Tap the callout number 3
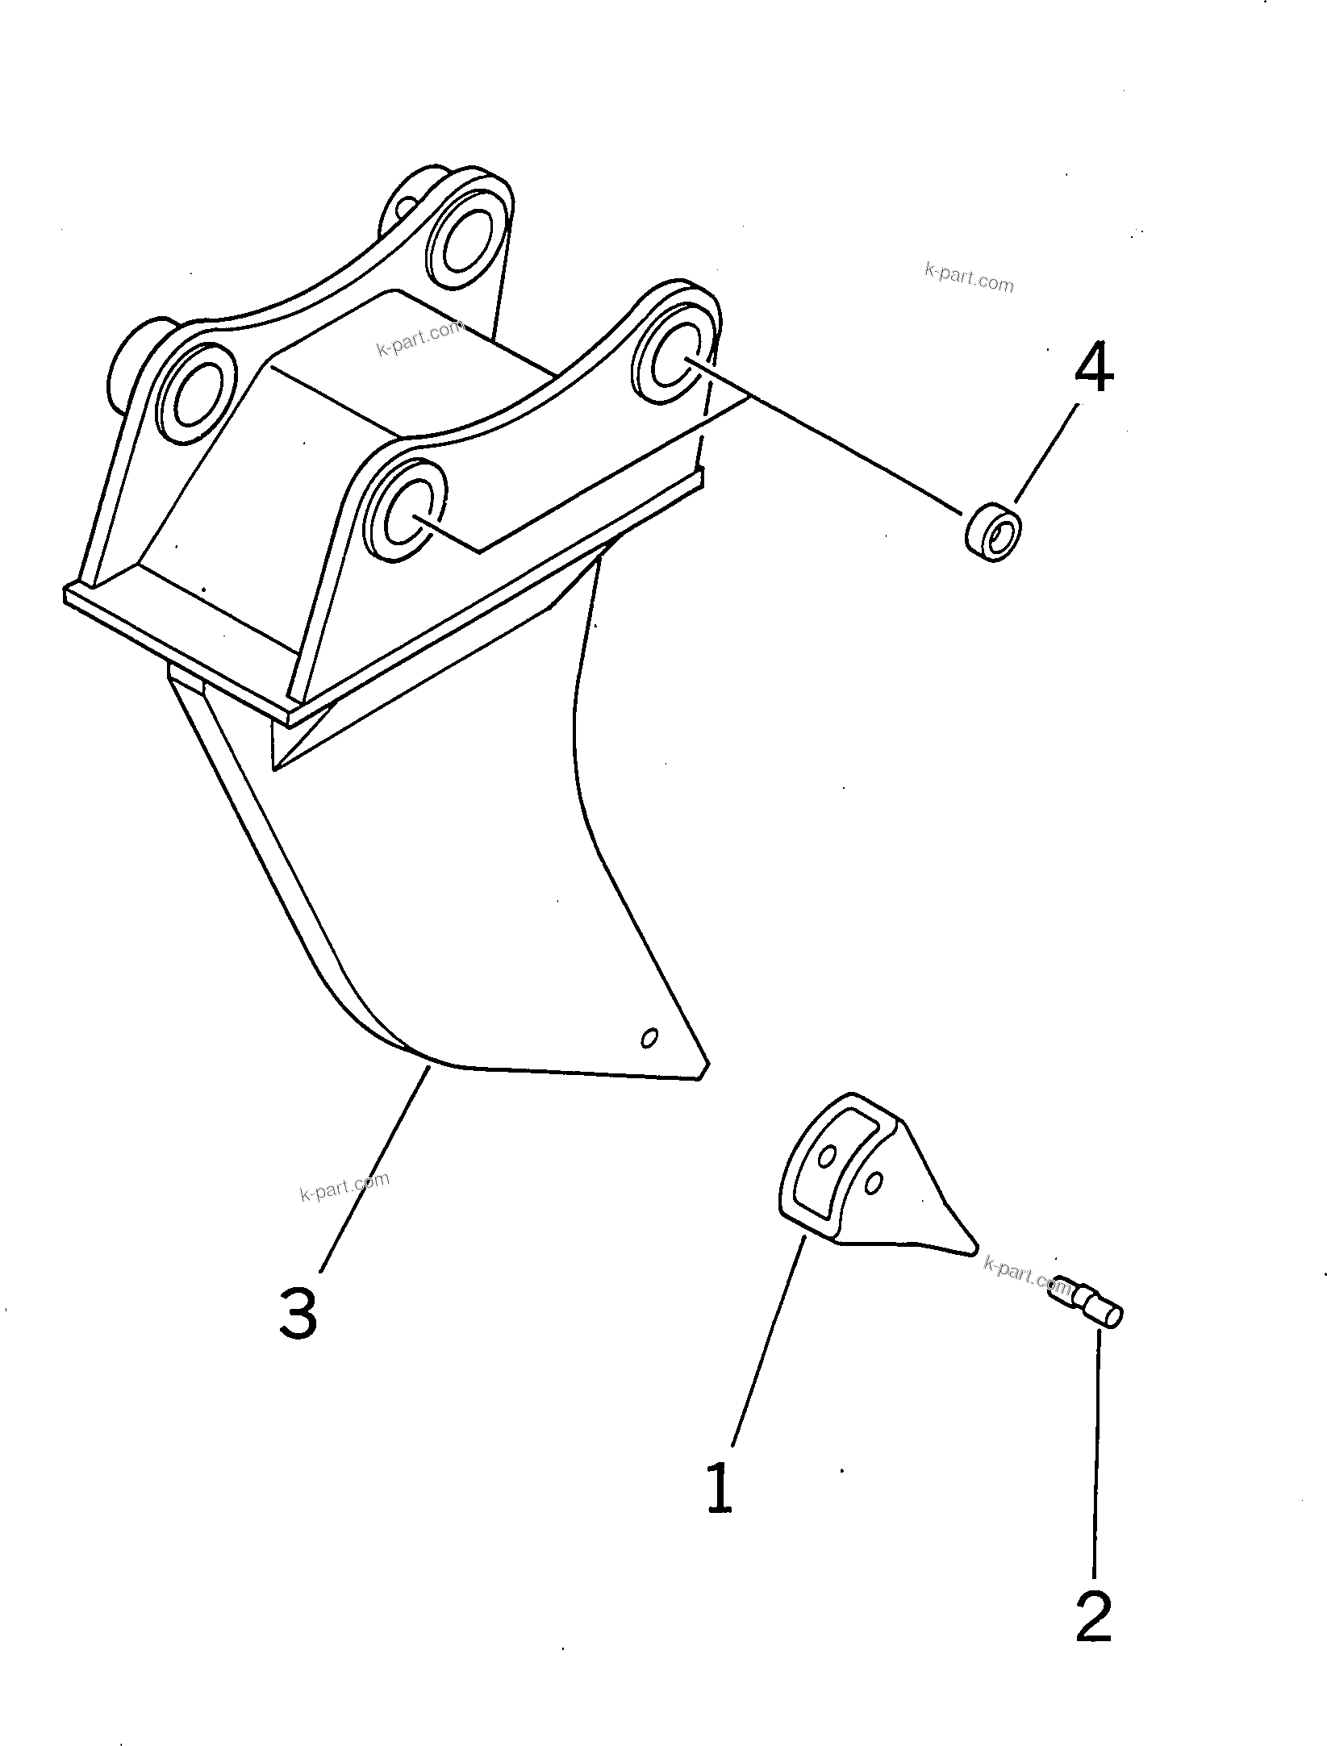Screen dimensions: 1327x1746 coord(298,1312)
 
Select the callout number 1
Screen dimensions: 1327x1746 coord(719,1488)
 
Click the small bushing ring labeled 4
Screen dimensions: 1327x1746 coord(993,530)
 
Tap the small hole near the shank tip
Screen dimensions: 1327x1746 coord(649,1038)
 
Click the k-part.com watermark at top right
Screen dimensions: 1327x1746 coord(969,278)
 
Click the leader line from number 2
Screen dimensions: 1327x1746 coord(1096,1452)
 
